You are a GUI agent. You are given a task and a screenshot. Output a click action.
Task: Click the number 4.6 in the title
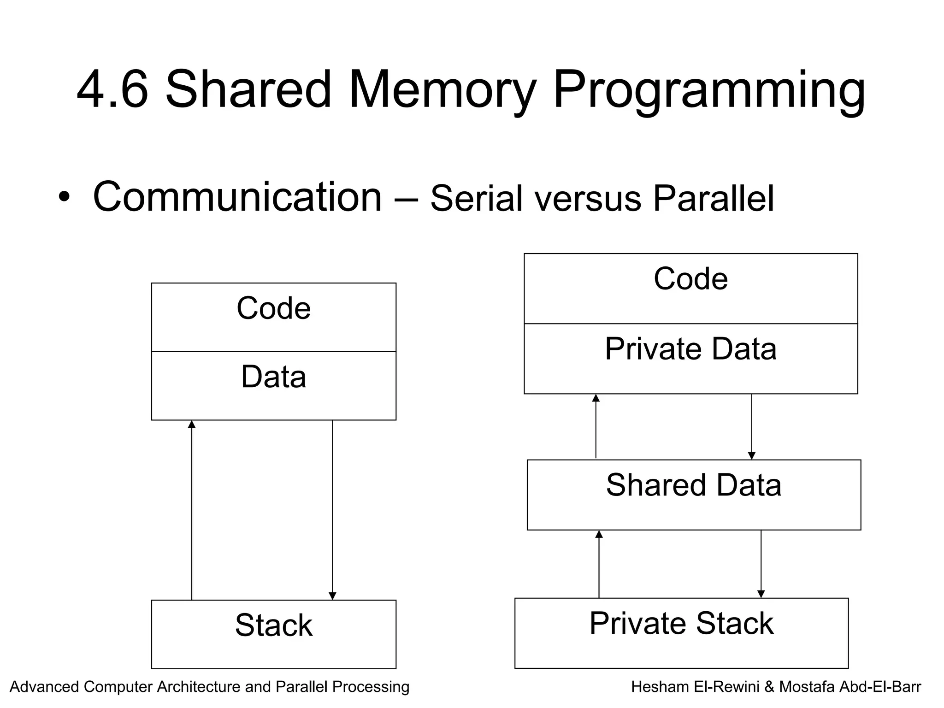[x=112, y=89]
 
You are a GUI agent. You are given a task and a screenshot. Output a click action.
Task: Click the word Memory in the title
[x=442, y=89]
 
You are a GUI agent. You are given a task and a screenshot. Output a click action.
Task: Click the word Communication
[x=237, y=197]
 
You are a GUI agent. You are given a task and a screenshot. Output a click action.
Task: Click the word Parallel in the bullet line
[x=714, y=198]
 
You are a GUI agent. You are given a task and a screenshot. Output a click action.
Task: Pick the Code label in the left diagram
[x=274, y=308]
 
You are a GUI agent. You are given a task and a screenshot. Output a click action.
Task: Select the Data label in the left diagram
[x=274, y=377]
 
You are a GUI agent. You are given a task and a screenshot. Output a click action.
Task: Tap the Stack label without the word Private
[x=274, y=625]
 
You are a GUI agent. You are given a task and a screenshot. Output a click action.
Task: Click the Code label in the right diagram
[x=690, y=279]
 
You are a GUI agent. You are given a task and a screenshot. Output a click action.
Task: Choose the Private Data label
[x=690, y=349]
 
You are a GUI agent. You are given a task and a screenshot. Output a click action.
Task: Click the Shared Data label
[x=693, y=485]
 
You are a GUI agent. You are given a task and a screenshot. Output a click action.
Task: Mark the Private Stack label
[x=681, y=623]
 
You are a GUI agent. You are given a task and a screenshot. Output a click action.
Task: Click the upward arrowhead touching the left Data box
[x=192, y=424]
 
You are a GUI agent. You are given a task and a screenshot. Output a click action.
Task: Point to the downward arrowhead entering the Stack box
[x=332, y=596]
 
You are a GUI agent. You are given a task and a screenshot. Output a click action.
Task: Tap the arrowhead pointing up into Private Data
[x=596, y=398]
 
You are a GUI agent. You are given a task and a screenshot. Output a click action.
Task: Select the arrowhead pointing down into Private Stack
[x=761, y=594]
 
